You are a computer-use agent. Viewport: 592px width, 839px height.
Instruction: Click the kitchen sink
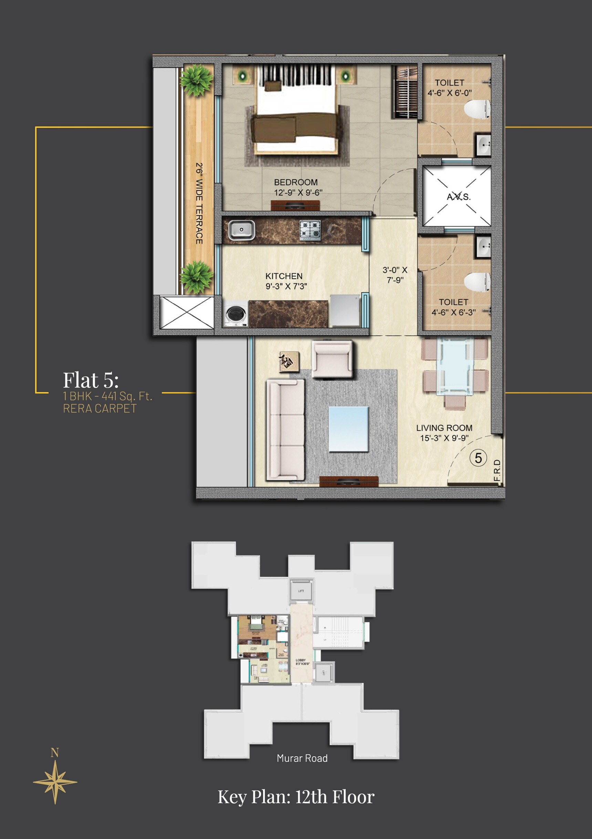click(x=241, y=230)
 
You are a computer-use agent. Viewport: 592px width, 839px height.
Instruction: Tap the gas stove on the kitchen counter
click(x=310, y=230)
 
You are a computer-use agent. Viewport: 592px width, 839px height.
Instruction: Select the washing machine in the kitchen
click(x=235, y=314)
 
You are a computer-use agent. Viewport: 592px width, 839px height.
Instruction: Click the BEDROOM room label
click(x=296, y=182)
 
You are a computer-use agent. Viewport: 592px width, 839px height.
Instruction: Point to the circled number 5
click(x=478, y=458)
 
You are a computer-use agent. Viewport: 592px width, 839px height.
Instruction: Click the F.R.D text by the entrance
click(x=497, y=470)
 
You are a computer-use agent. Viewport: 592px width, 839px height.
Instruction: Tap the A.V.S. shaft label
click(x=459, y=197)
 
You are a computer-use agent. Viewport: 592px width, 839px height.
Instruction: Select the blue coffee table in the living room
click(x=349, y=429)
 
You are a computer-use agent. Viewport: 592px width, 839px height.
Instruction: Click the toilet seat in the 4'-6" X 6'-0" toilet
click(x=477, y=109)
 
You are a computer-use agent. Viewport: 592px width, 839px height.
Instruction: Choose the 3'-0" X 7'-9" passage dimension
click(x=395, y=275)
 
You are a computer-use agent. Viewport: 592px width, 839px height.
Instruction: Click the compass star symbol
click(x=55, y=782)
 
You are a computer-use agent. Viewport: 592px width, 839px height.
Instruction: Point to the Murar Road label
click(x=302, y=758)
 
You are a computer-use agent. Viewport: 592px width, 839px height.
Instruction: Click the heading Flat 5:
click(x=91, y=380)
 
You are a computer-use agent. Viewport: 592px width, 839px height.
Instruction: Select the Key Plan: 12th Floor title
click(x=296, y=797)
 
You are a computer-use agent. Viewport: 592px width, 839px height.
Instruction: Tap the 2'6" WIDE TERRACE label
click(x=199, y=203)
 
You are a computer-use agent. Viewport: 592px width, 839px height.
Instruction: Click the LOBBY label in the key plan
click(x=301, y=660)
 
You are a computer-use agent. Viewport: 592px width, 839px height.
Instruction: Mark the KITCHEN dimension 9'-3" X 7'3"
click(x=286, y=286)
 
